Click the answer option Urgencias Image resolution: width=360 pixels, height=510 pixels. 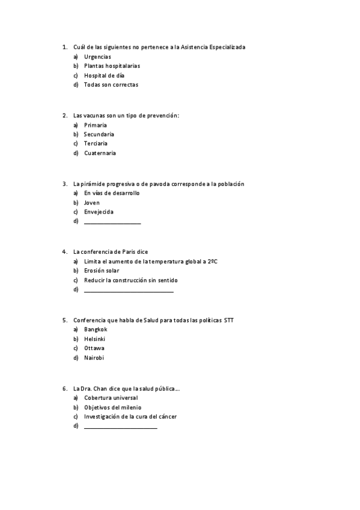click(x=97, y=57)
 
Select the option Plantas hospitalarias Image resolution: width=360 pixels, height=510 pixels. click(x=112, y=66)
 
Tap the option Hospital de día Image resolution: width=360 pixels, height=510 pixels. click(x=103, y=75)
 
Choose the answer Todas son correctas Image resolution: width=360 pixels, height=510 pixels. click(x=111, y=85)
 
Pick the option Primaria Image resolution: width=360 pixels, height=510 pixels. click(x=96, y=125)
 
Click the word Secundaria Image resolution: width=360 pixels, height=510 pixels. click(x=99, y=134)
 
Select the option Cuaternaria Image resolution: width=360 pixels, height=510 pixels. click(x=100, y=153)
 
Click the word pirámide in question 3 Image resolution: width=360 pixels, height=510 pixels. click(x=93, y=183)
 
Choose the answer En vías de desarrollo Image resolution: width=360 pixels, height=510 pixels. click(x=111, y=193)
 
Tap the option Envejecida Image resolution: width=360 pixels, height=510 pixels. click(x=99, y=212)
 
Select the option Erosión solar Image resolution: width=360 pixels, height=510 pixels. click(x=102, y=271)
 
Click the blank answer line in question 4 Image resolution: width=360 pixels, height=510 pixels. click(x=129, y=291)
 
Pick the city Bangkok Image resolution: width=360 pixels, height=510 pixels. click(x=96, y=330)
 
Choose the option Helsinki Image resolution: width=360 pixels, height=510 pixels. click(x=95, y=339)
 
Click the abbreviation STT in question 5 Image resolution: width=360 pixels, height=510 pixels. click(x=228, y=320)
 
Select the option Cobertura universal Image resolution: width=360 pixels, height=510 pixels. click(x=111, y=398)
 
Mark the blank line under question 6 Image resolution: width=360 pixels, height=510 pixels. click(x=120, y=427)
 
